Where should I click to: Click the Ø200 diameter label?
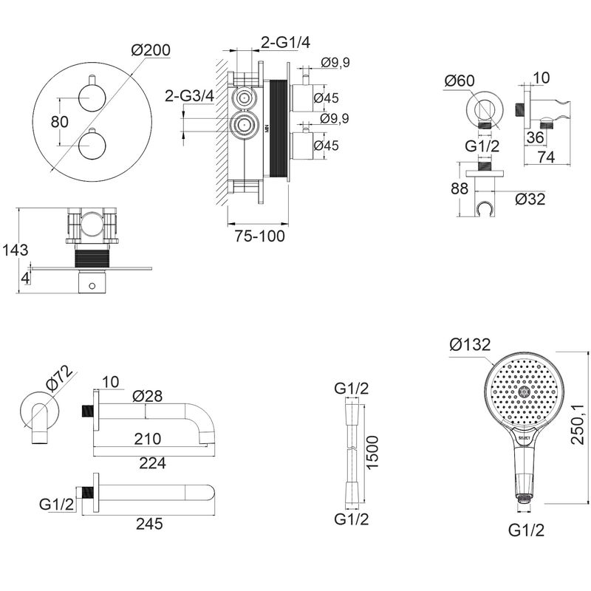(151, 50)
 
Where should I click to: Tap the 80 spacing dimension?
(60, 122)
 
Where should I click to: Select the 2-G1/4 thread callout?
(286, 43)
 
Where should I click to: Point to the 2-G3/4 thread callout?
(189, 96)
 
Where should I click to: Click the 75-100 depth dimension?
(260, 236)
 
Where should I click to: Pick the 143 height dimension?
(15, 250)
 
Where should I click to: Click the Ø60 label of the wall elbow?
(460, 81)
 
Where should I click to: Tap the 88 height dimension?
(460, 188)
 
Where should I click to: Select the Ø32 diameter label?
(530, 199)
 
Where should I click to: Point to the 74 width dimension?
(546, 157)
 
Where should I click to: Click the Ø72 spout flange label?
(59, 378)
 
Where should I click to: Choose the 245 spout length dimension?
(149, 524)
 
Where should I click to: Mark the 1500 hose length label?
(372, 452)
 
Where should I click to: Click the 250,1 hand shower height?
(577, 424)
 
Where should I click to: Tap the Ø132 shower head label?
(470, 344)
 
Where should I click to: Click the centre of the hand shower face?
(524, 393)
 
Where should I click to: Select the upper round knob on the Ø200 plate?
(92, 98)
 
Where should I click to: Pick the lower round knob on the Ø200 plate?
(92, 146)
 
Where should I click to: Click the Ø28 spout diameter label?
(147, 396)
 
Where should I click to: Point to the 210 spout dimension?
(147, 439)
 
